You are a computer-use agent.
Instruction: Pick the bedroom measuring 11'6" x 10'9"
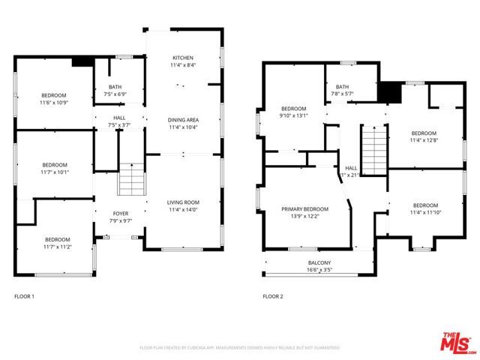54,98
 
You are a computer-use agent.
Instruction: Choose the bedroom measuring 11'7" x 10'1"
55,168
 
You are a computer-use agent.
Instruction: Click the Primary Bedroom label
305,212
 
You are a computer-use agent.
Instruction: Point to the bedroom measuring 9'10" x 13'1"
293,112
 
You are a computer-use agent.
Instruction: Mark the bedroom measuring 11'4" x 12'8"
424,136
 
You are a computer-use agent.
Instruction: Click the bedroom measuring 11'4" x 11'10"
425,208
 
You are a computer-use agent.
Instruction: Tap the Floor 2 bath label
342,90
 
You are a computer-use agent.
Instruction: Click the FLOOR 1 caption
25,296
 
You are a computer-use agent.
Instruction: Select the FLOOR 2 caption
272,296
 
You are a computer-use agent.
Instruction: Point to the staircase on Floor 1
130,180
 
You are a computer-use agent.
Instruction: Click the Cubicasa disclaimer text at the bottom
240,348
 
